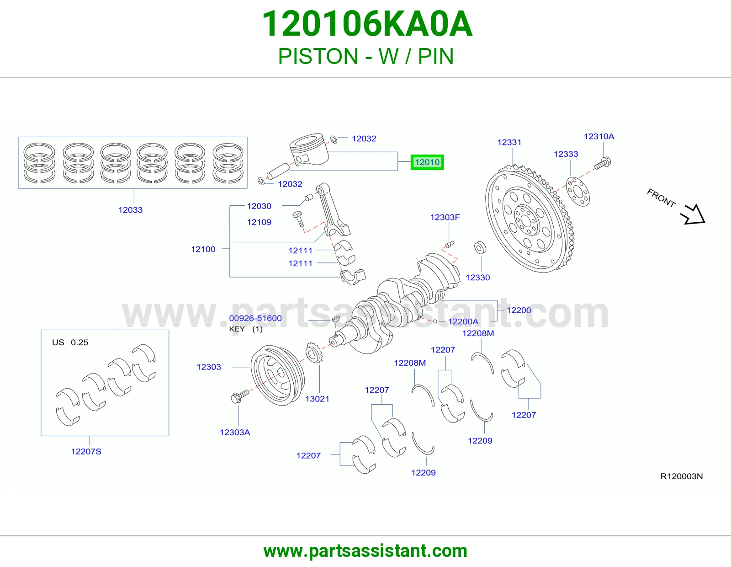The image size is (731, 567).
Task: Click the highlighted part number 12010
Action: [x=427, y=162]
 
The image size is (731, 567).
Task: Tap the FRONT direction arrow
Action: [x=693, y=214]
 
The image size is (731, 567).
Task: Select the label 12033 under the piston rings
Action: [x=130, y=210]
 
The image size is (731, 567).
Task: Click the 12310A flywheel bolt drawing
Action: [x=603, y=163]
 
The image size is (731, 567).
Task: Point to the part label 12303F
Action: [x=445, y=217]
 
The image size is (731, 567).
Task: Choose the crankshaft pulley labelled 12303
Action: [x=277, y=375]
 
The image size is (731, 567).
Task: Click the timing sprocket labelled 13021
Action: [x=314, y=352]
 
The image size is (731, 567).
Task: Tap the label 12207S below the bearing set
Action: [x=86, y=451]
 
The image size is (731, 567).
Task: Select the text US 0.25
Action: [x=70, y=342]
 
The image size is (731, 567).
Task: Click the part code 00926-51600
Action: [x=255, y=318]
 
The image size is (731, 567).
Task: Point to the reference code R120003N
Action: [x=682, y=476]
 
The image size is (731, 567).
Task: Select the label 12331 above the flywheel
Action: [x=509, y=142]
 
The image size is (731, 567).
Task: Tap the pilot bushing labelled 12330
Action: [x=480, y=248]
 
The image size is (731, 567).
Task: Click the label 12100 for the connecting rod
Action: [x=203, y=249]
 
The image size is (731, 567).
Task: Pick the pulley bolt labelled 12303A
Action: [x=240, y=396]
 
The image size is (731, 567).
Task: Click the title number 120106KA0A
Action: [x=367, y=24]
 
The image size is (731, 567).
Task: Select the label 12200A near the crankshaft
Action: [x=463, y=321]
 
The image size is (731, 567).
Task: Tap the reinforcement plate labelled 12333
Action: [x=578, y=192]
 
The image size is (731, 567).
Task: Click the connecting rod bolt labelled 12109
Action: [x=298, y=219]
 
